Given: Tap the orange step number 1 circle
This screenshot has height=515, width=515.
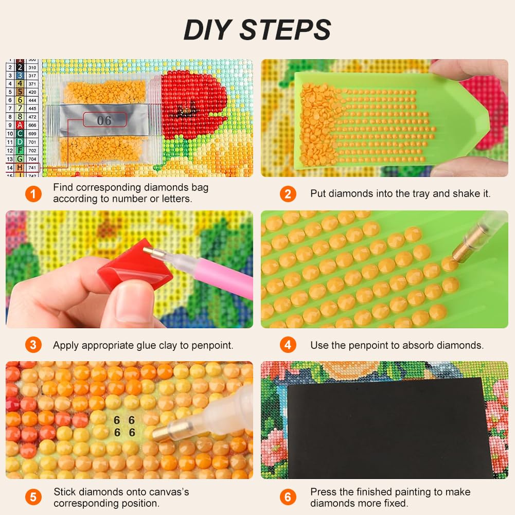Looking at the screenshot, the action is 33,194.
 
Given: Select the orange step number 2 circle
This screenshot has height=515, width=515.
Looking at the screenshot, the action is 288,194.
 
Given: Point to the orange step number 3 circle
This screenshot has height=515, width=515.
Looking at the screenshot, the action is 33,345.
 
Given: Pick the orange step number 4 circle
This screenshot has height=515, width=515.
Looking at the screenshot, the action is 288,345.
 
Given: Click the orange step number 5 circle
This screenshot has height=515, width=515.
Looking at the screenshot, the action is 33,497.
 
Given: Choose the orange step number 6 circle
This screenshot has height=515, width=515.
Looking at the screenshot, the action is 288,497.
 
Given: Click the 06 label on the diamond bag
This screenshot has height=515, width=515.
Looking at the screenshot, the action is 104,120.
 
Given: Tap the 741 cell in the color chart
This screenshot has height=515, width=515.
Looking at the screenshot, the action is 32,168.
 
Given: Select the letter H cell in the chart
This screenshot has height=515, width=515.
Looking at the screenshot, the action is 20,168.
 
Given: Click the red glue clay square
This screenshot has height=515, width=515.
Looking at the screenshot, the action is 135,266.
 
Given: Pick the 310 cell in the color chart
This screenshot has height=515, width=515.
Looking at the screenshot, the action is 32,68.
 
